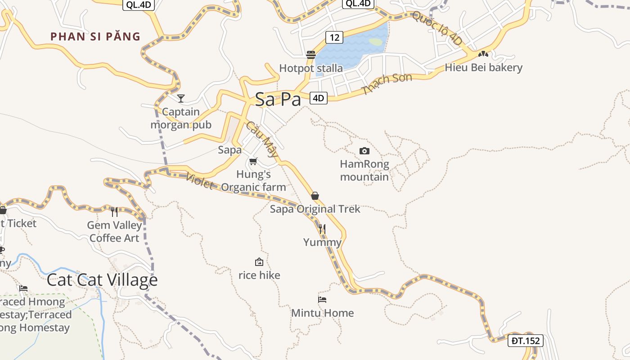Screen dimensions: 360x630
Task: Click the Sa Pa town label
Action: tap(278, 99)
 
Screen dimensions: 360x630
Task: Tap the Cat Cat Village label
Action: tap(102, 280)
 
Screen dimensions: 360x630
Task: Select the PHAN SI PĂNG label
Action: tap(95, 36)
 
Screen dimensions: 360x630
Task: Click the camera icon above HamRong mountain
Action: tap(364, 151)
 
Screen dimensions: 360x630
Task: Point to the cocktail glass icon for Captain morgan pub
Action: tap(181, 98)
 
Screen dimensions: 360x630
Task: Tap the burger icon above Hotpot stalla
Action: tap(310, 55)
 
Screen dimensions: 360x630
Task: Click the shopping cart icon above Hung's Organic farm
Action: tap(253, 161)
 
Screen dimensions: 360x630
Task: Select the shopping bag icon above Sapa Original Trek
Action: tap(315, 196)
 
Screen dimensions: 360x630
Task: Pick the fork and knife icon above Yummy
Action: tap(322, 229)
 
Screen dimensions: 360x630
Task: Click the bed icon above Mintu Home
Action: tap(322, 299)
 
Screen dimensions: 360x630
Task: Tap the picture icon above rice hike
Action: tap(259, 261)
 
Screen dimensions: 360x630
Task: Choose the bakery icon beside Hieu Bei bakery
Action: tap(483, 54)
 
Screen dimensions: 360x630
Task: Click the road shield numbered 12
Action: tap(334, 37)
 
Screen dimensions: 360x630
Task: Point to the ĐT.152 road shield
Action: tap(526, 341)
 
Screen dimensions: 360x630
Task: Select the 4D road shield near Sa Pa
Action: tap(319, 98)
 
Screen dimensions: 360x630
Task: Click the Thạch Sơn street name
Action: tap(387, 84)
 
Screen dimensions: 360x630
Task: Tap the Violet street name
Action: tap(199, 181)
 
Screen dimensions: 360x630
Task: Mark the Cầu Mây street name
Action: tap(262, 139)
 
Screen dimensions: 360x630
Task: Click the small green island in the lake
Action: tap(376, 42)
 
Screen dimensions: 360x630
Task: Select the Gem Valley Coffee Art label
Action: tap(114, 231)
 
